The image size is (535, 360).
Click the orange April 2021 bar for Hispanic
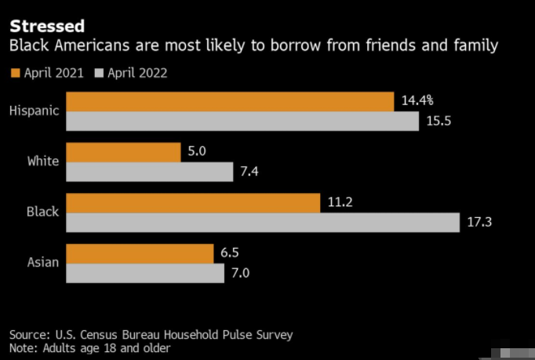(229, 102)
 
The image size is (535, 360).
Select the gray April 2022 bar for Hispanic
(242, 122)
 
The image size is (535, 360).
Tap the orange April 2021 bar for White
(123, 152)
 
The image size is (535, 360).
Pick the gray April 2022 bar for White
(149, 172)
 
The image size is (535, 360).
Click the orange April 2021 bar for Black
(192, 203)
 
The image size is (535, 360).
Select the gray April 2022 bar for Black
(262, 223)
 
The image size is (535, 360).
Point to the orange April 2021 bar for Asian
(140, 253)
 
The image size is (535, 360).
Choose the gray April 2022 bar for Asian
(145, 273)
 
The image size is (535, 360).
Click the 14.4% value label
(417, 101)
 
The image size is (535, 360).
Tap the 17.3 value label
(479, 223)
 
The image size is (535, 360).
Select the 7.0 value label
(242, 273)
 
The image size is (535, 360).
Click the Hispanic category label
(34, 111)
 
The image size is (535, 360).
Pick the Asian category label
(42, 262)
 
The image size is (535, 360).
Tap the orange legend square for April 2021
(15, 74)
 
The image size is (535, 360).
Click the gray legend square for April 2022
(99, 74)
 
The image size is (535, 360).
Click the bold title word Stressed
(47, 26)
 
